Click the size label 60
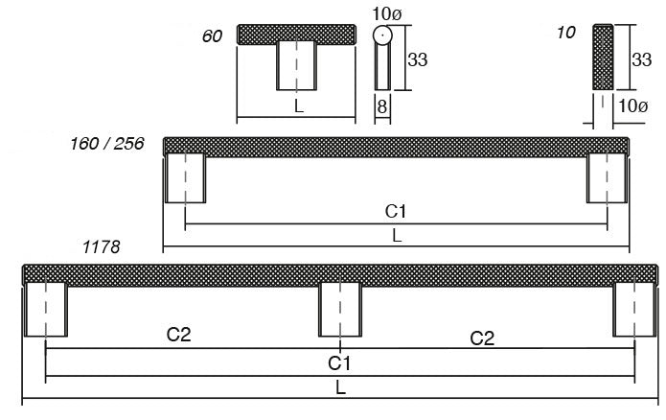212,36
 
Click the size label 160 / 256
107,145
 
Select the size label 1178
101,246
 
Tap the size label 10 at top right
565,34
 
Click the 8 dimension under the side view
381,108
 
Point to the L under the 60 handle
299,107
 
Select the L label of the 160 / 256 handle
396,236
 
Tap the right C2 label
483,337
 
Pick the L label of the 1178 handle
340,387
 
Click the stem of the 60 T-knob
297,66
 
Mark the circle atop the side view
382,36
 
